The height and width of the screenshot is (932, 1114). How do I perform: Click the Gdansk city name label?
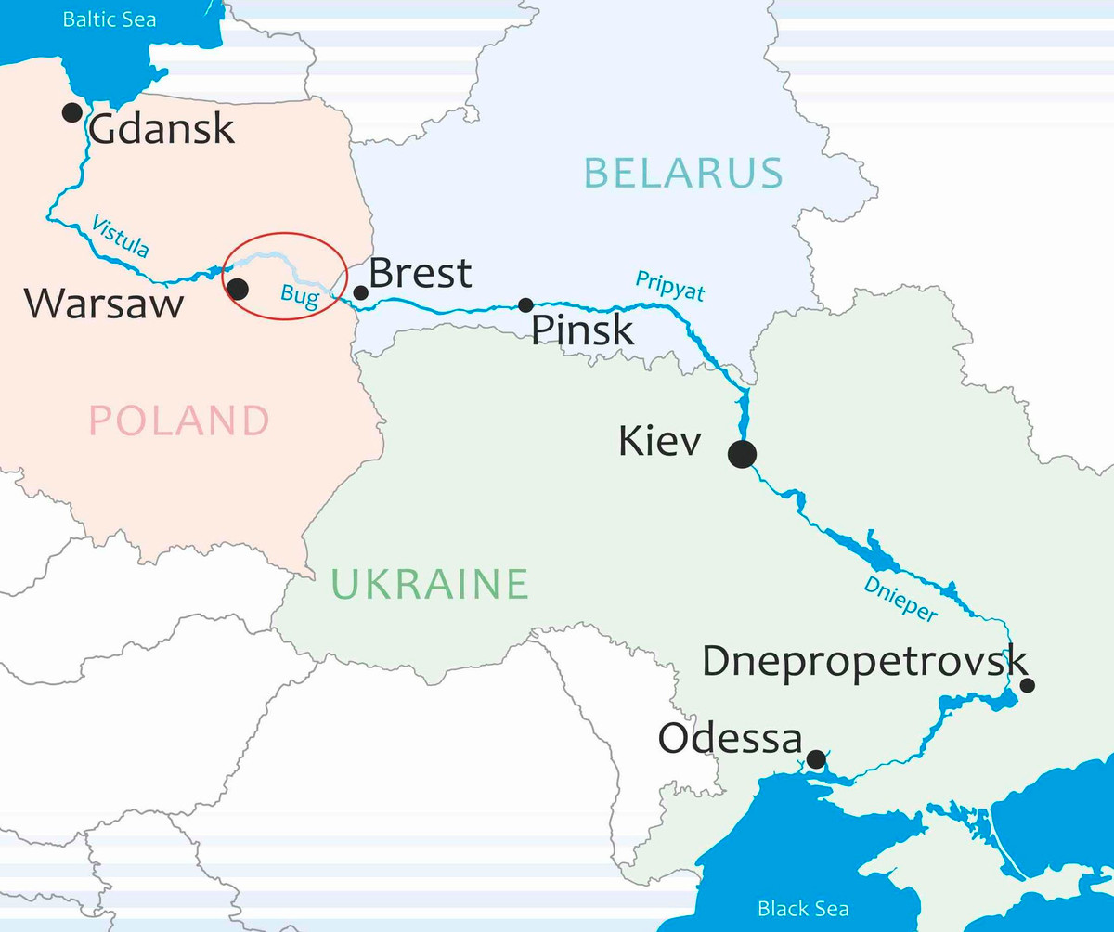coord(162,129)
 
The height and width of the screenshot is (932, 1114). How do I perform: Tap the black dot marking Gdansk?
coord(71,112)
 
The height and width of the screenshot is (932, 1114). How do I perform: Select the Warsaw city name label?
coord(104,304)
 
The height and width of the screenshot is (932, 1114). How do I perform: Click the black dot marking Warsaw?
coord(238,289)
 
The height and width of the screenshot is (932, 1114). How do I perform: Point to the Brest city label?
coord(421,273)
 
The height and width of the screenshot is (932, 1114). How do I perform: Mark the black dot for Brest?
coord(361,292)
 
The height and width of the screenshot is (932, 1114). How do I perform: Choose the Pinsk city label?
coord(582,330)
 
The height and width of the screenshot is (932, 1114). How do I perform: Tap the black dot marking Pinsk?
coord(525,304)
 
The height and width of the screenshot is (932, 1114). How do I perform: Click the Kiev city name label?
coord(660,442)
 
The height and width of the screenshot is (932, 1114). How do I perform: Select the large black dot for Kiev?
coord(742,454)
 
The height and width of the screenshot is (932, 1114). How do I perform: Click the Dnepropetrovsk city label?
coord(864,662)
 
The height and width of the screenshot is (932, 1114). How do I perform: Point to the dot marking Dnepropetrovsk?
coord(1028,685)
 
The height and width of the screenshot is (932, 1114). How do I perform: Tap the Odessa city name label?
coord(730,740)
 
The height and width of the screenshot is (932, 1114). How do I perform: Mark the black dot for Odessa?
coord(815,759)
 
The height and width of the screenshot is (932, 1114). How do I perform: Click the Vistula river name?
coord(120,235)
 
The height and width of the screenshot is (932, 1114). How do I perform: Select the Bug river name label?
coord(299,297)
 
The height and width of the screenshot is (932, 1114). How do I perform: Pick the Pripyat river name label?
coord(669,286)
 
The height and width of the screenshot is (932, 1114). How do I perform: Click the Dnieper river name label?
coord(900,598)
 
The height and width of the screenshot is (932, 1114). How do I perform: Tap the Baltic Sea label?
coord(110,19)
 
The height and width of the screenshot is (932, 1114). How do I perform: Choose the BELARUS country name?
coord(683,173)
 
